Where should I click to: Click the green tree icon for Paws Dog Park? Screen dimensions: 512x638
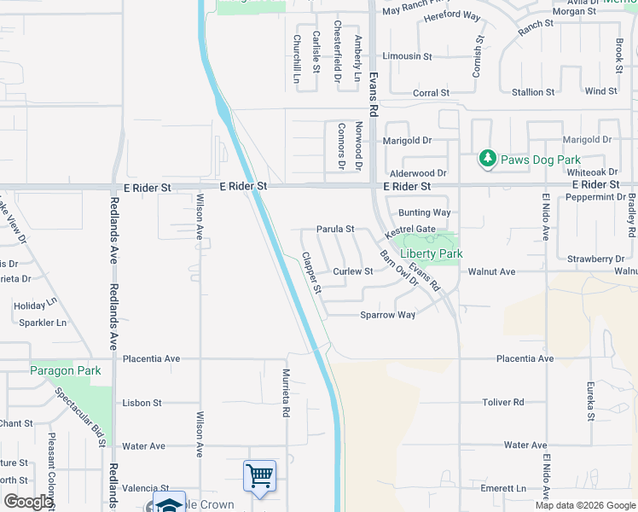click(x=487, y=158)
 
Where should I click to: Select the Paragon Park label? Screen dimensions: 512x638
click(x=66, y=370)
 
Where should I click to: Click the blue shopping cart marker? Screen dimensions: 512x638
click(x=259, y=475)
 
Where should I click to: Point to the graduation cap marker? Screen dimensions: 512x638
click(x=169, y=503)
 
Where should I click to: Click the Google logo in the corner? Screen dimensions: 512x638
click(x=28, y=503)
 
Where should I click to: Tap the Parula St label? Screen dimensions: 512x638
click(x=335, y=229)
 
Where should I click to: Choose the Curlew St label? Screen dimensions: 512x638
click(x=353, y=271)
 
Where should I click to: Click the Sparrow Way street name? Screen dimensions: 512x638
click(x=387, y=315)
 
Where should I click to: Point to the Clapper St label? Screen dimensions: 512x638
click(x=310, y=273)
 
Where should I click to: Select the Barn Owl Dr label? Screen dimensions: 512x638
click(x=397, y=270)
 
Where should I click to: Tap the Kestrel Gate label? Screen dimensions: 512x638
click(x=410, y=230)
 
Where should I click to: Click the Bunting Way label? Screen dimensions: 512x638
click(x=424, y=212)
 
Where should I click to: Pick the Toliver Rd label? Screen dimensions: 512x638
click(x=525, y=402)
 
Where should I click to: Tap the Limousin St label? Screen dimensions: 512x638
click(x=407, y=56)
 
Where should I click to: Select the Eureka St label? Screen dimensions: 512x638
click(x=589, y=401)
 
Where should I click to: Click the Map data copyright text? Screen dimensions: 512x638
click(x=584, y=505)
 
